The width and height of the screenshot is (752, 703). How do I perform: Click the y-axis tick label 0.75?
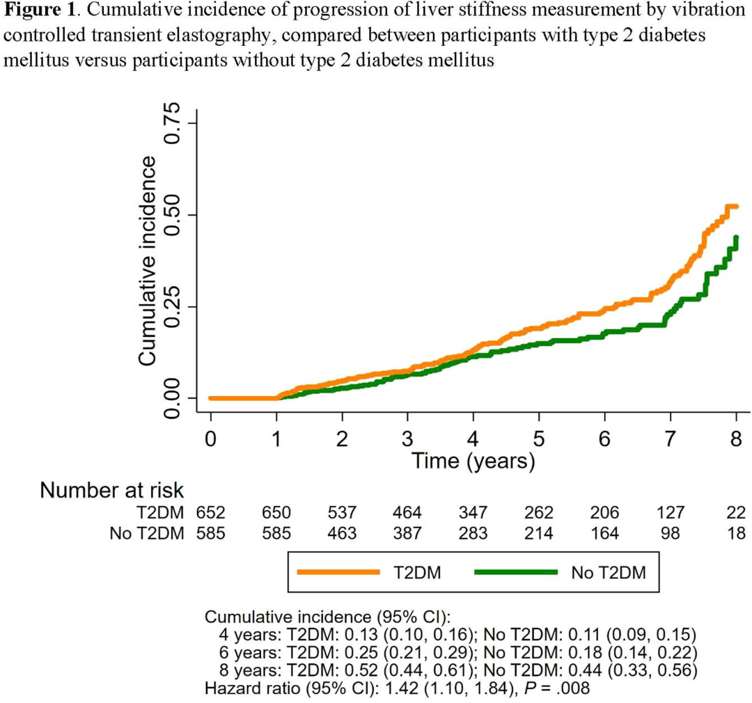[171, 123]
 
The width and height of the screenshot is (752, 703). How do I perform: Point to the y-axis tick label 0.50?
[171, 215]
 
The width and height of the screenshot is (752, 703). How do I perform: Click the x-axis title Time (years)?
[473, 460]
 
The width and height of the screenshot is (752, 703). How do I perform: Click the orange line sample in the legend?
[338, 572]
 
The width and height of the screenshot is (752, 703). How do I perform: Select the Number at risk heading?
[112, 490]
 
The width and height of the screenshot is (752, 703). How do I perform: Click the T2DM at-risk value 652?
[210, 514]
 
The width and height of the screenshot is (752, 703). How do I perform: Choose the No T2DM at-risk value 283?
[473, 534]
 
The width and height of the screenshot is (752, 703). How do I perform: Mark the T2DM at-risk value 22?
[735, 514]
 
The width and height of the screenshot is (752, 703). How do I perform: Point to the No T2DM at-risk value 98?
[671, 534]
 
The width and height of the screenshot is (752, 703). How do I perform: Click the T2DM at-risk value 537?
[342, 514]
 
